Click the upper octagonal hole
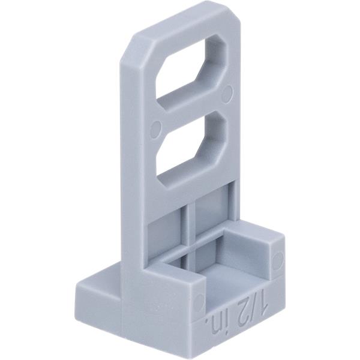pos(193,73)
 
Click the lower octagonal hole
pos(193,149)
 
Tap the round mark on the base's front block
pos(199,302)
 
